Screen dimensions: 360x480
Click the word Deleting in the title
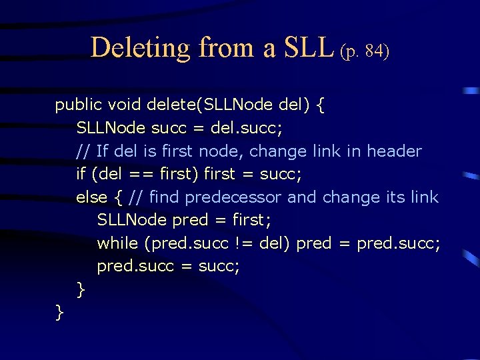pyautogui.click(x=141, y=48)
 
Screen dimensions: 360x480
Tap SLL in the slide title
pyautogui.click(x=307, y=48)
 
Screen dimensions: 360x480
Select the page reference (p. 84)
pyautogui.click(x=364, y=51)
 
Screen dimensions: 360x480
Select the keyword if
pyautogui.click(x=81, y=175)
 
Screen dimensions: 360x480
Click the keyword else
pyautogui.click(x=91, y=197)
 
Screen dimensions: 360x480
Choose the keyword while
pyautogui.click(x=117, y=243)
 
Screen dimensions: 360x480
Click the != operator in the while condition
pyautogui.click(x=244, y=243)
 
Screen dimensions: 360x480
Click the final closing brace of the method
pyautogui.click(x=60, y=311)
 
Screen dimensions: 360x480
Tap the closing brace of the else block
pyautogui.click(x=81, y=289)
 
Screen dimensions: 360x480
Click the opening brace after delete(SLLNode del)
pyautogui.click(x=321, y=105)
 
